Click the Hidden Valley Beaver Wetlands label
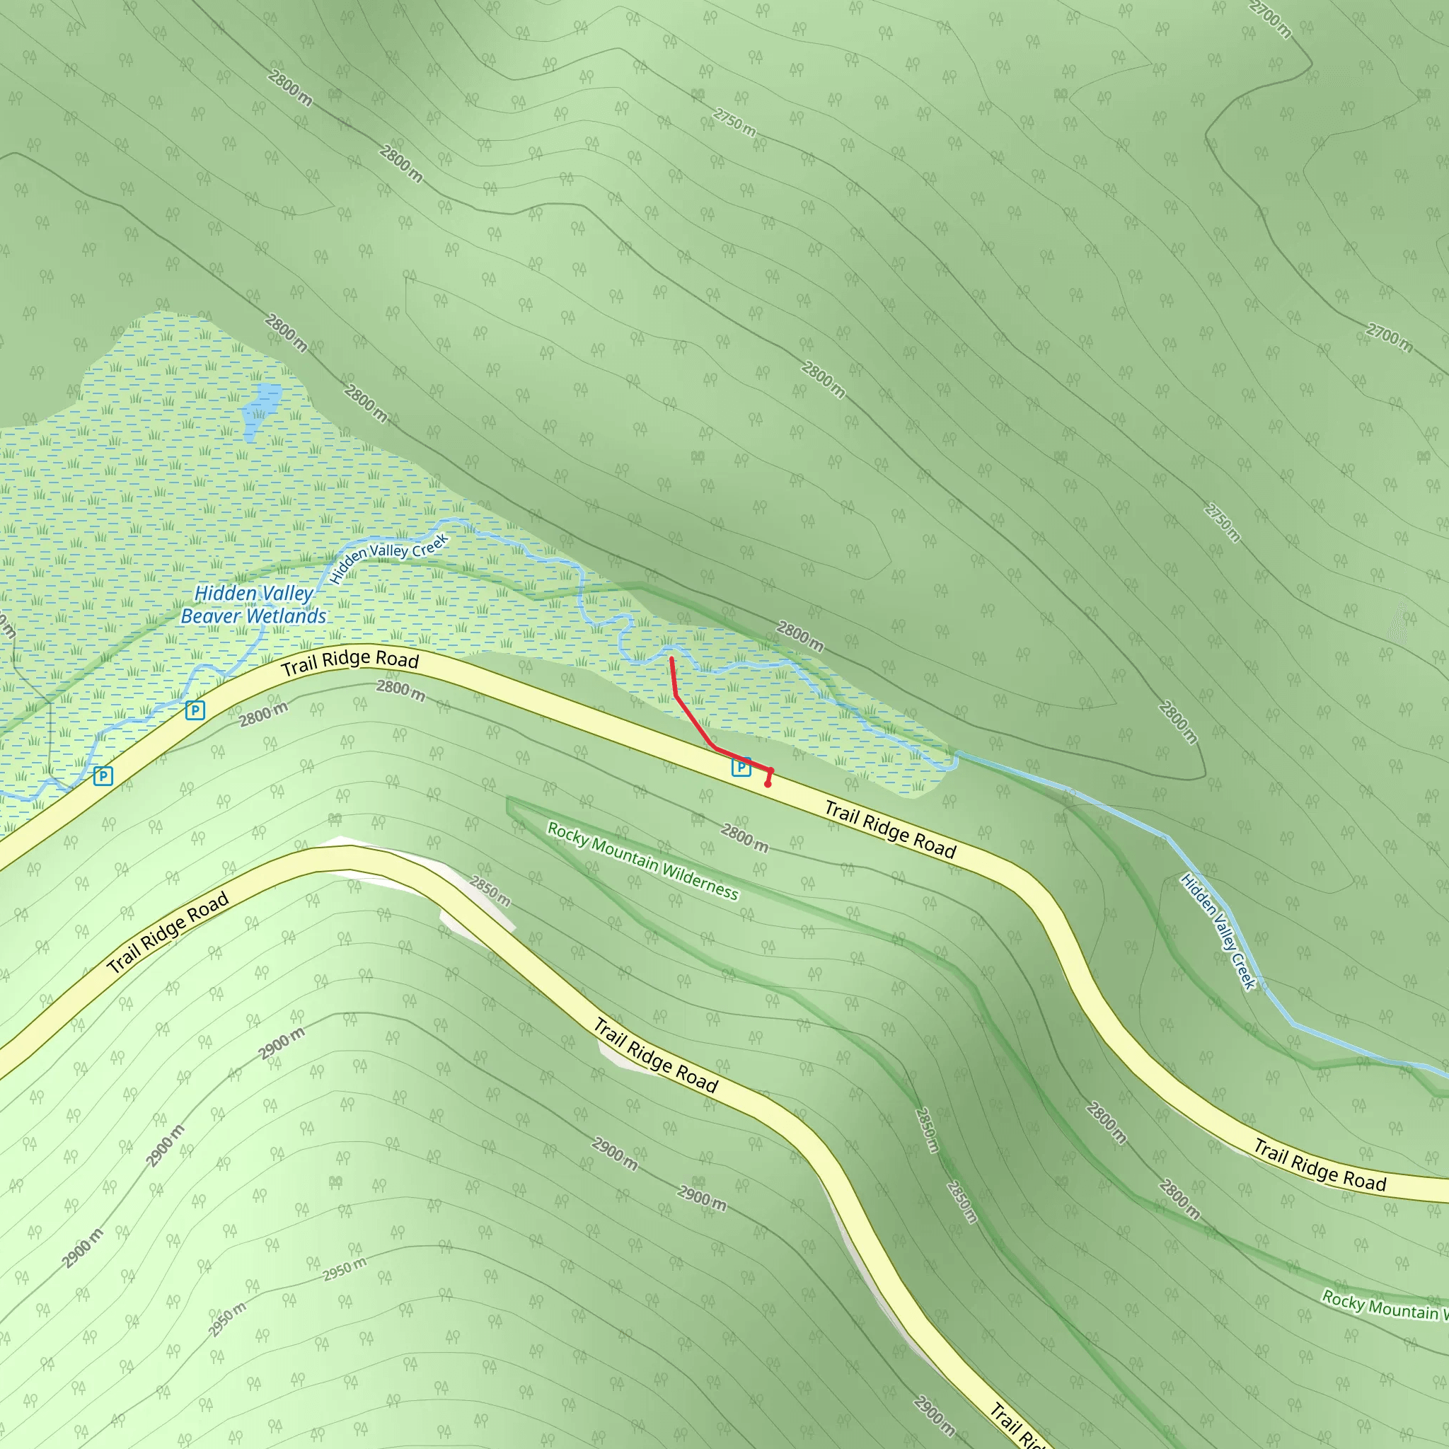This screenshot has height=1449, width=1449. (253, 604)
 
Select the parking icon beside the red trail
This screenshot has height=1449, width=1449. (740, 766)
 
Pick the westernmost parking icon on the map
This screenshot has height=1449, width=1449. (103, 775)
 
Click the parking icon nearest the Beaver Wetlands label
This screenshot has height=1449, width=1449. (195, 710)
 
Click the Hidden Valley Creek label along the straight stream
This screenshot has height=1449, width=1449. (1217, 932)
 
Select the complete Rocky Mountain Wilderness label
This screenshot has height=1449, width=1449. (642, 860)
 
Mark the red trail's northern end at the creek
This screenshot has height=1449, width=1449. (671, 659)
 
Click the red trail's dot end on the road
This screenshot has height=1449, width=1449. (767, 785)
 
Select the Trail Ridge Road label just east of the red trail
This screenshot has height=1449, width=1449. (890, 829)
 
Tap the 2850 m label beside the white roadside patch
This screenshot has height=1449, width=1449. (490, 890)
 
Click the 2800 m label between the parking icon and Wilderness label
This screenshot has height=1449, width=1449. (744, 837)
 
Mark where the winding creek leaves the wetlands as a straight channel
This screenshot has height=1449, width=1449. (957, 754)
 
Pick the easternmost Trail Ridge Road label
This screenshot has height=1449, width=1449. (1320, 1165)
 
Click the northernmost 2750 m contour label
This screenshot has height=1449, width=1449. (734, 122)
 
